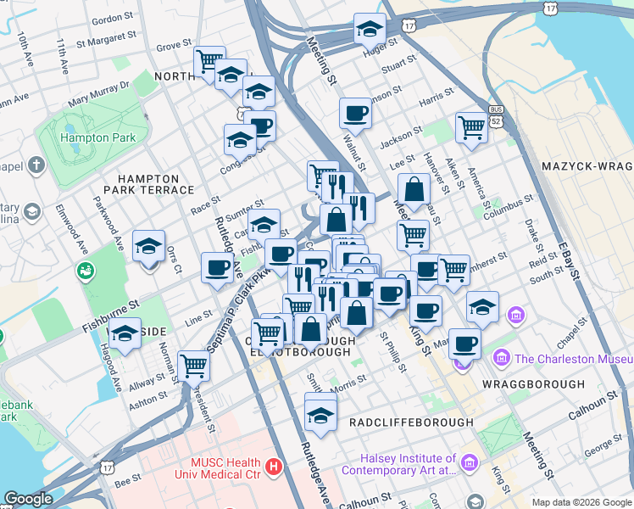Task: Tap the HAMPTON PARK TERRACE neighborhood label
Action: click(x=148, y=185)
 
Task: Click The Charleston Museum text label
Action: click(x=573, y=359)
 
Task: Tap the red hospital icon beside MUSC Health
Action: click(x=273, y=466)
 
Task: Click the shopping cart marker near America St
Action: click(x=472, y=127)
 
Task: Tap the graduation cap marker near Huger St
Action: click(x=370, y=29)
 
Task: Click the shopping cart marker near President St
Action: click(x=195, y=366)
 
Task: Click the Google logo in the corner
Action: click(x=28, y=499)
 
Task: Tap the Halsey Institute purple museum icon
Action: click(x=472, y=465)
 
